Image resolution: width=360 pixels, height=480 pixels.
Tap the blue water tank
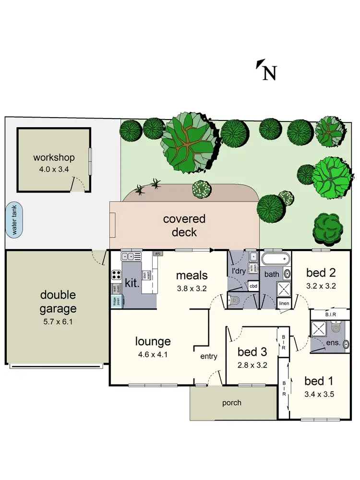[x=14, y=220]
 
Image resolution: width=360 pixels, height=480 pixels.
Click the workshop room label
[x=54, y=157]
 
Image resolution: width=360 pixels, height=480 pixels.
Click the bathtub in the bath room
[x=276, y=259]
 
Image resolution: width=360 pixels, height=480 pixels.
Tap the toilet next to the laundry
[x=234, y=300]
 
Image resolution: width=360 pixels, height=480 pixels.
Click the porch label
[x=231, y=403]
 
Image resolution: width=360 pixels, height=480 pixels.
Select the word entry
[x=209, y=356]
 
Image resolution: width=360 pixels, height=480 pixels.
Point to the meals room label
[x=192, y=276]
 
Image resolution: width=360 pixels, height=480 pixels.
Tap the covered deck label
[x=184, y=226]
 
